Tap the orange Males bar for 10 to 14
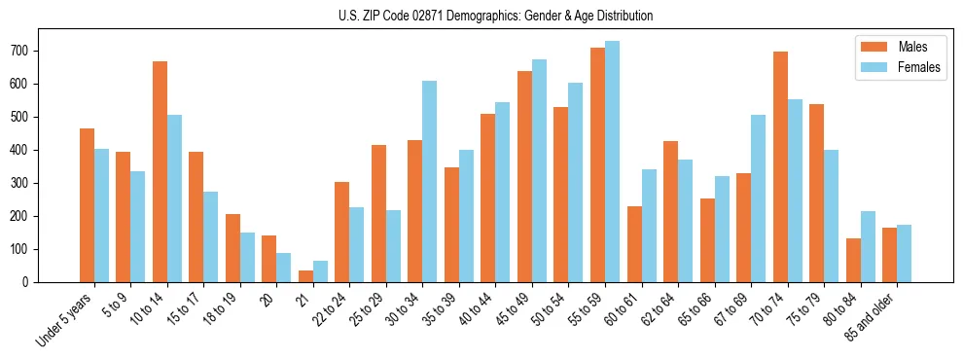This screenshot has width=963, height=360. [160, 172]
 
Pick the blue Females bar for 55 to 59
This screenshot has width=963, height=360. [612, 162]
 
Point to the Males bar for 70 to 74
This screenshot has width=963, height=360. [780, 167]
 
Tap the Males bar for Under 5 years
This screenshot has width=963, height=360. [87, 205]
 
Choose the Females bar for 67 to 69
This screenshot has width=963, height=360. [758, 198]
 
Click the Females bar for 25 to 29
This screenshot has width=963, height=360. [393, 246]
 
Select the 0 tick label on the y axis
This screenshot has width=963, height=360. [32, 282]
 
